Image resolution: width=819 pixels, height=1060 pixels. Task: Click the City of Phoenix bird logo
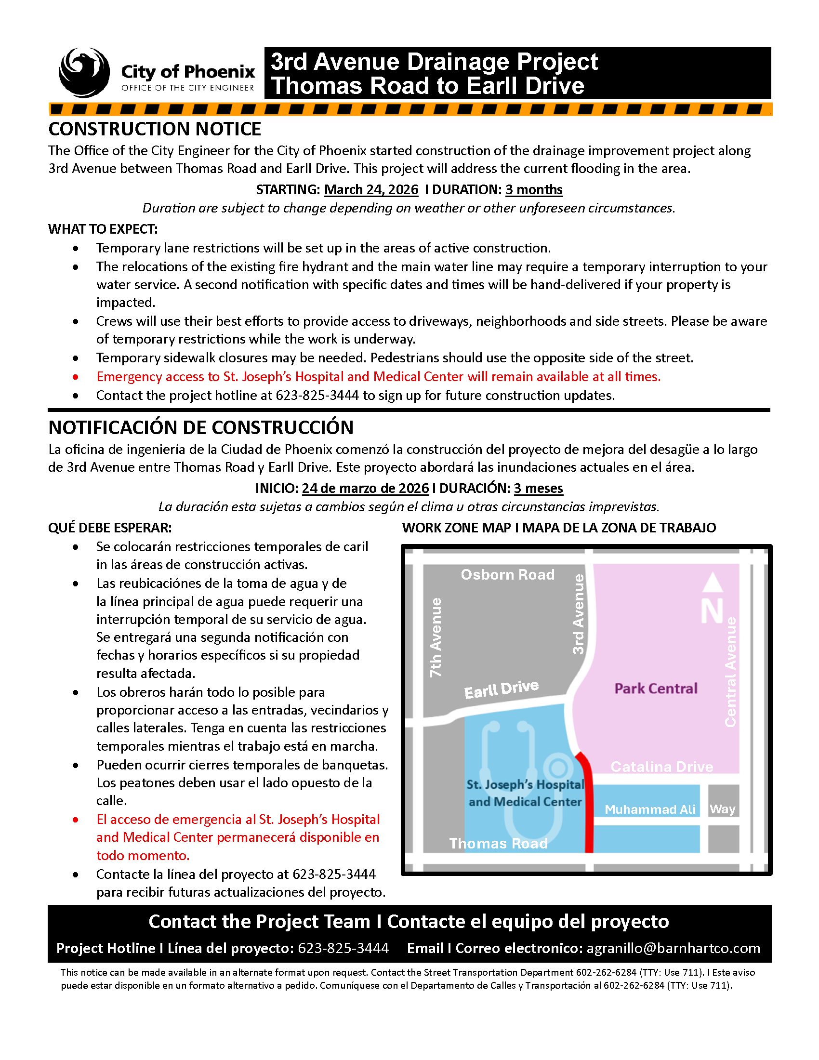pyautogui.click(x=84, y=72)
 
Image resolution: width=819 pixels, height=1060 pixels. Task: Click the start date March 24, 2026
pyautogui.click(x=370, y=189)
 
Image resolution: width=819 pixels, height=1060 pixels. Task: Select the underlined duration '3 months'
pyautogui.click(x=534, y=189)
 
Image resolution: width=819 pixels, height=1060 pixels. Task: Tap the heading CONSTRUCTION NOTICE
pyautogui.click(x=155, y=129)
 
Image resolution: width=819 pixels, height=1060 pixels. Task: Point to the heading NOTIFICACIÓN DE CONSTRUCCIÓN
pyautogui.click(x=201, y=427)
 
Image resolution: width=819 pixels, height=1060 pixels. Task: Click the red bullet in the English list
pyautogui.click(x=75, y=377)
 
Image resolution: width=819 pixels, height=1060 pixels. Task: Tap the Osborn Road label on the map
pyautogui.click(x=507, y=575)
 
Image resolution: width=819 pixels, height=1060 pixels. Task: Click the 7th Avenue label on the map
pyautogui.click(x=436, y=637)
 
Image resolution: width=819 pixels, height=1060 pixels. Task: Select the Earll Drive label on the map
pyautogui.click(x=501, y=689)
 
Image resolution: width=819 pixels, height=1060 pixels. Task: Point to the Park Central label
pyautogui.click(x=656, y=688)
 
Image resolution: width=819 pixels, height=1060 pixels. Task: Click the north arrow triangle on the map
pyautogui.click(x=712, y=583)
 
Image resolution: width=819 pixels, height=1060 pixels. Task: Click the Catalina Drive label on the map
pyautogui.click(x=661, y=767)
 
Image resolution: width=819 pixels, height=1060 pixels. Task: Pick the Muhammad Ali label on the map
pyautogui.click(x=650, y=809)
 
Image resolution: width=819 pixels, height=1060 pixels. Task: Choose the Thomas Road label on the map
pyautogui.click(x=498, y=843)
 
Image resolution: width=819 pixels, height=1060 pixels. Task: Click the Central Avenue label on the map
pyautogui.click(x=730, y=672)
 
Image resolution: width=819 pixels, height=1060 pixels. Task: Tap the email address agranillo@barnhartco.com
pyautogui.click(x=673, y=948)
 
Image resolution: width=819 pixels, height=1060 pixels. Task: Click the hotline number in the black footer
pyautogui.click(x=343, y=948)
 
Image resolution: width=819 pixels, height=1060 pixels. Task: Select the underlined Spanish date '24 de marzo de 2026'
pyautogui.click(x=365, y=488)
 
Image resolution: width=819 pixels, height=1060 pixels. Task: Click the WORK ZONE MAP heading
pyautogui.click(x=558, y=528)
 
